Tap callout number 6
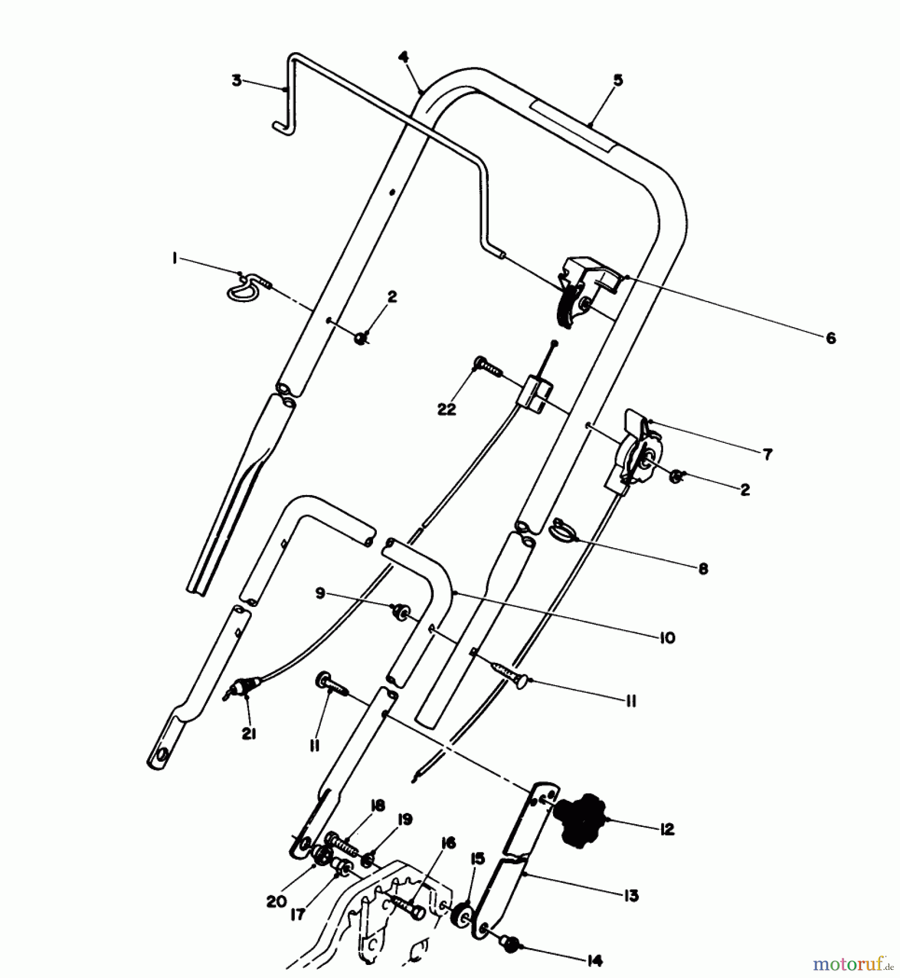coord(830,338)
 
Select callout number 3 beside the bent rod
coord(237,81)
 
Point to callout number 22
coord(446,409)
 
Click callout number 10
coord(667,637)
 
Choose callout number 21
coord(249,734)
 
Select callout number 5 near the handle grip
coord(618,81)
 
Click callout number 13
coord(630,895)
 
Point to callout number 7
coord(767,454)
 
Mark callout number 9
coord(320,593)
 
